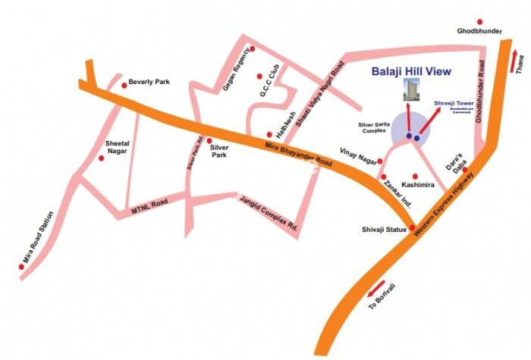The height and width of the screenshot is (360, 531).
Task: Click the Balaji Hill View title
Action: [x=411, y=72]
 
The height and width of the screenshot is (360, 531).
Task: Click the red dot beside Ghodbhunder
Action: [x=479, y=22]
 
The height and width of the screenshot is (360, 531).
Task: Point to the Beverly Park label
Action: [x=148, y=81]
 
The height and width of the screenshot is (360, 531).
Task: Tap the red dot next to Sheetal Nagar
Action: [x=101, y=158]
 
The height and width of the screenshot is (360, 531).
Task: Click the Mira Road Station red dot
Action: [x=20, y=267]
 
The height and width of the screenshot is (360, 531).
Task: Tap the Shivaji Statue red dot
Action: [x=412, y=228]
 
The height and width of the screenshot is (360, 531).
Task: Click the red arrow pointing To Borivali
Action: [x=375, y=291]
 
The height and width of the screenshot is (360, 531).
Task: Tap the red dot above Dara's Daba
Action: [x=465, y=170]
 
